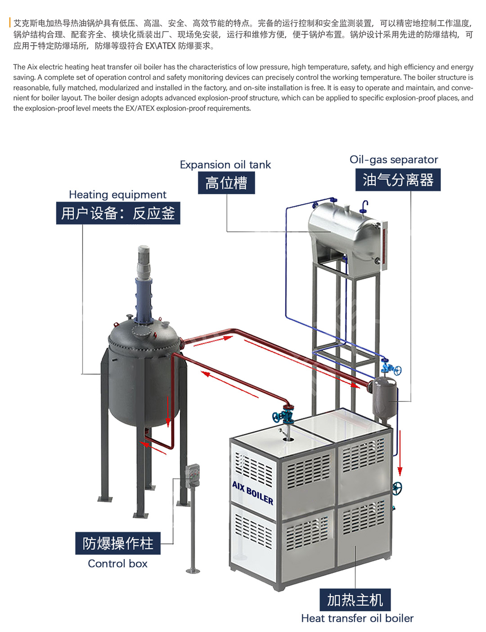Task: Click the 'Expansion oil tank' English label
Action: [x=225, y=165]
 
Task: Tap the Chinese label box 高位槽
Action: [x=226, y=183]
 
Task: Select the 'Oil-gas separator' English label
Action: [x=393, y=160]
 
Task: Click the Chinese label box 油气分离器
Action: [x=398, y=180]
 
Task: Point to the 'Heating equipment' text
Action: [x=117, y=194]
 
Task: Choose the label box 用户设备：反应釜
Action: [x=118, y=213]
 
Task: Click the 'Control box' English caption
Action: [x=117, y=564]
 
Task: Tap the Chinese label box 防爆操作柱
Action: [x=118, y=543]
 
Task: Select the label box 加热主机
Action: [x=355, y=600]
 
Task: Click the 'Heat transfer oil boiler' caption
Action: [x=357, y=618]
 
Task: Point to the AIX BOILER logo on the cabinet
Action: [x=252, y=492]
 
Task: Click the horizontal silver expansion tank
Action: [x=344, y=232]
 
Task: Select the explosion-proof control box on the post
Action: [x=193, y=475]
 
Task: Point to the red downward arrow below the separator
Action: [x=400, y=455]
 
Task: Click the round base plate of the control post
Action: [x=193, y=571]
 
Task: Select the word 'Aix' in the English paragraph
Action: [x=32, y=67]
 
